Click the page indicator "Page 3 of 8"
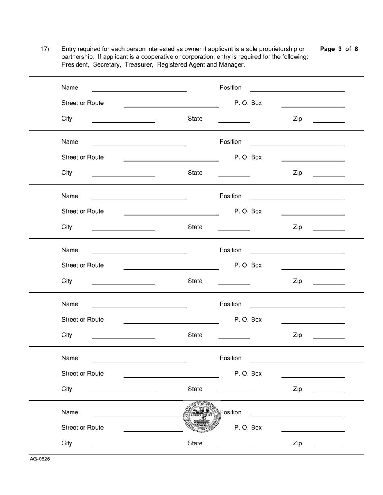pos(339,49)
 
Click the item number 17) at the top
pos(44,49)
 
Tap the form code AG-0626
pos(40,459)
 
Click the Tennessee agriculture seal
pos(202,417)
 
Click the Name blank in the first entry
pos(139,88)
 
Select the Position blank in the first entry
pos(297,88)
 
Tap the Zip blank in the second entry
pos(329,173)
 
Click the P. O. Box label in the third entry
pos(248,211)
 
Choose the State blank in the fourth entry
pos(234,281)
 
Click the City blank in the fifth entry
pos(123,335)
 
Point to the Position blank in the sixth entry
pos(307,358)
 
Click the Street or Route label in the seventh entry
pos(82,428)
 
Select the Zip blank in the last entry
pos(329,443)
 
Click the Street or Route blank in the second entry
pos(171,158)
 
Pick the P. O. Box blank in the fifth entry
pos(313,320)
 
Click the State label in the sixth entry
pos(195,389)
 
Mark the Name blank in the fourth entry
pos(139,250)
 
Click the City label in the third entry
pos(67,227)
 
